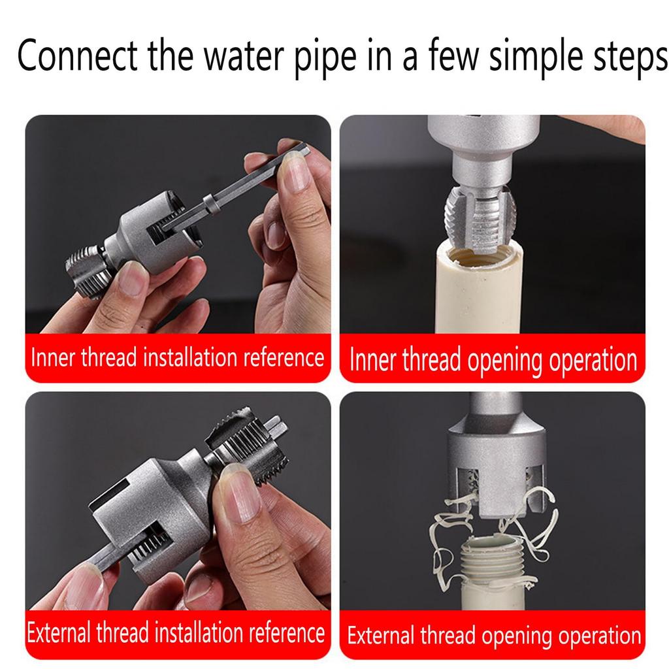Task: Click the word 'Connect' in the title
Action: coord(77,57)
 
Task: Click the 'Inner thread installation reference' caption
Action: coord(178,358)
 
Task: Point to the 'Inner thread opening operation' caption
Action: coord(493,359)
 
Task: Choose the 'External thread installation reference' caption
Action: coord(176,633)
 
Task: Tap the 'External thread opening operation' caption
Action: coord(494,635)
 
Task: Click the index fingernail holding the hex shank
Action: coord(296,172)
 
